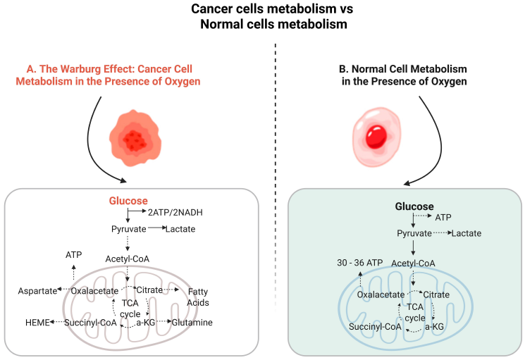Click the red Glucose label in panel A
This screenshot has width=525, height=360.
tap(128, 201)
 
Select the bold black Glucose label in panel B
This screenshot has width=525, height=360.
tap(414, 206)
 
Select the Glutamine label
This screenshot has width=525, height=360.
tap(192, 323)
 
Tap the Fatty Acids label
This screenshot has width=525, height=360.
tap(198, 297)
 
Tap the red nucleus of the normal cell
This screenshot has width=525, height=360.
tap(378, 135)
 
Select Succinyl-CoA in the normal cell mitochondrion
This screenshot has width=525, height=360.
tap(375, 327)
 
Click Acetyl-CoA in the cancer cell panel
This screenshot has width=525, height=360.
tap(128, 259)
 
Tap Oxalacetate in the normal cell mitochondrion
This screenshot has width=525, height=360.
tap(381, 294)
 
